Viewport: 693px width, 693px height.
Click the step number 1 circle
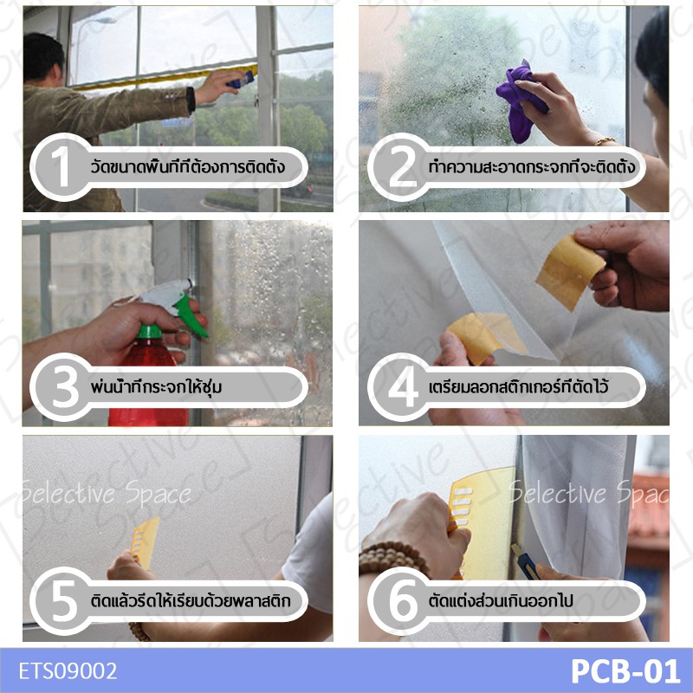pos(62,167)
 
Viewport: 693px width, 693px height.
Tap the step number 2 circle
pos(400,167)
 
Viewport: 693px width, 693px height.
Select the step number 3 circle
pos(62,386)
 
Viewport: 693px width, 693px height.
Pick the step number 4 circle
pos(400,386)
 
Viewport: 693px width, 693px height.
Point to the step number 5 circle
pos(62,601)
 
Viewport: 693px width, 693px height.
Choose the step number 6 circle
pos(400,601)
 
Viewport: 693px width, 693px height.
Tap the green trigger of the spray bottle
pos(189,314)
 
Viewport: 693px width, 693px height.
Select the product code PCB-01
pos(625,670)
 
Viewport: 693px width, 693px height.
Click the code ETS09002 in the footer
pos(68,670)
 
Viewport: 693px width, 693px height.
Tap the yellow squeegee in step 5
pos(146,541)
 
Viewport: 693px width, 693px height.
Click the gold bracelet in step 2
pos(606,141)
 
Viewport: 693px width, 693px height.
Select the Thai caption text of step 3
pos(156,387)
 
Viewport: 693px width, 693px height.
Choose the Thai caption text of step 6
pos(501,601)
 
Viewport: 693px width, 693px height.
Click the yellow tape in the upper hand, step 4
pos(570,272)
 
